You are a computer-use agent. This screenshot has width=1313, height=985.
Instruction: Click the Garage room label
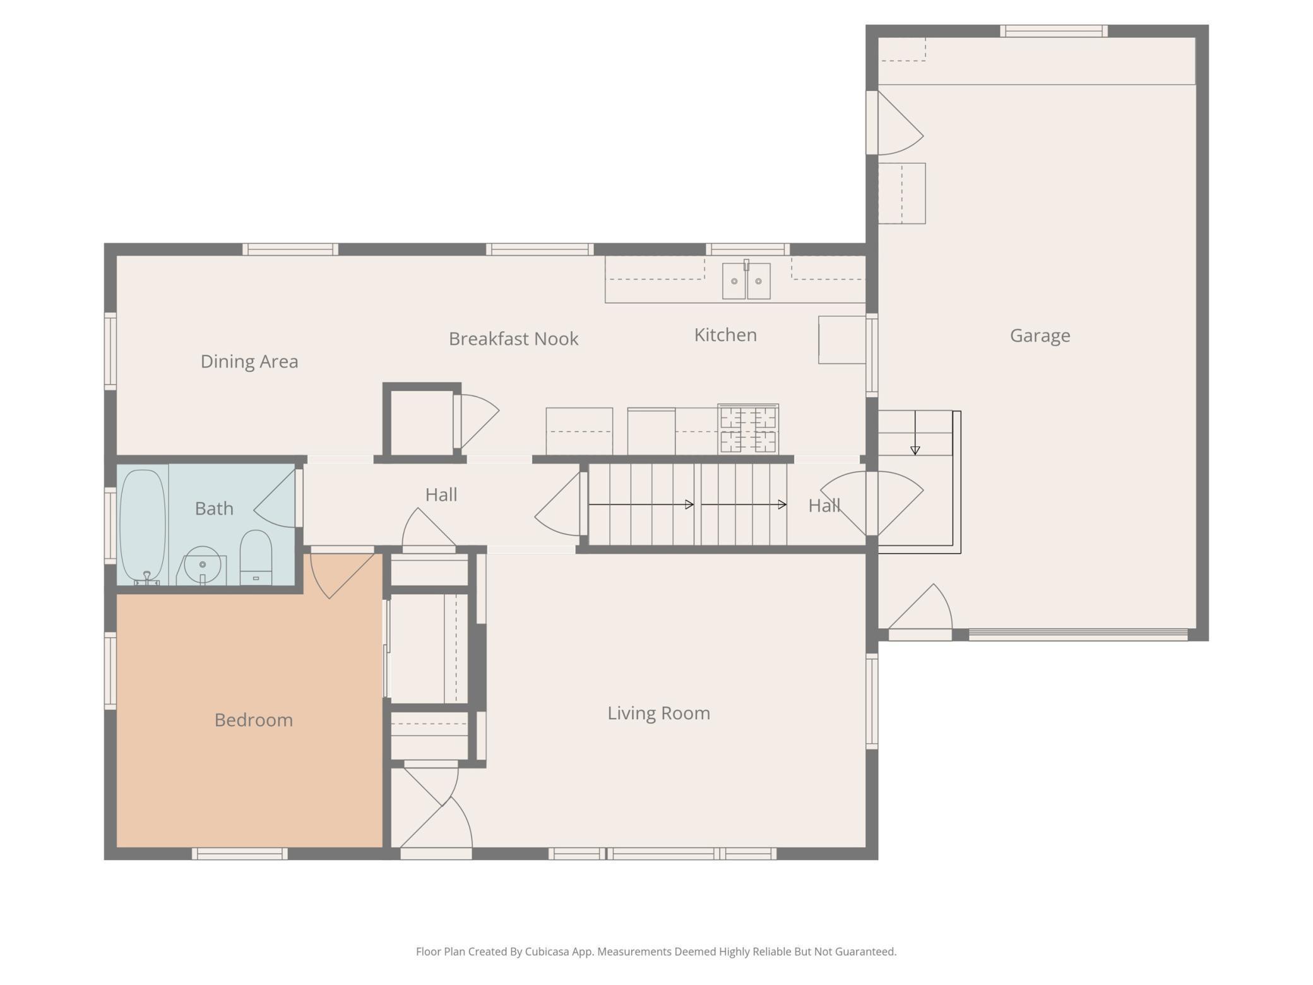pyautogui.click(x=1040, y=335)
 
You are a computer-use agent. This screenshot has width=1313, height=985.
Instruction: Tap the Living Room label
pyautogui.click(x=658, y=713)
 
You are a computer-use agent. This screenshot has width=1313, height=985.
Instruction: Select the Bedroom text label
pyautogui.click(x=254, y=720)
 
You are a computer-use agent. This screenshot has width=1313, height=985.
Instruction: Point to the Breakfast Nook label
pyautogui.click(x=513, y=338)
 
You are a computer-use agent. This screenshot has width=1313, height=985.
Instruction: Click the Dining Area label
pyautogui.click(x=249, y=361)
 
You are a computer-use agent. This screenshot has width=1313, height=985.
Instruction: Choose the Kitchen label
pyautogui.click(x=725, y=335)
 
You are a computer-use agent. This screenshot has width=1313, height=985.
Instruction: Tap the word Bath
pyautogui.click(x=214, y=508)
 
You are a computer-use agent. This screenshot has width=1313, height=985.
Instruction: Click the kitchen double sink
pyautogui.click(x=746, y=280)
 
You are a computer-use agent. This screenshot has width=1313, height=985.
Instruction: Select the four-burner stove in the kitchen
pyautogui.click(x=748, y=429)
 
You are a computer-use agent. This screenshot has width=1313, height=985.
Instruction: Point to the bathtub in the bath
pyautogui.click(x=143, y=526)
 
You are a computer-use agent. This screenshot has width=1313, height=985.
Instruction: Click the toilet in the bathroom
pyautogui.click(x=256, y=558)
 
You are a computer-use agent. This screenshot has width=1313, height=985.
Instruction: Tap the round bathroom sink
pyautogui.click(x=202, y=565)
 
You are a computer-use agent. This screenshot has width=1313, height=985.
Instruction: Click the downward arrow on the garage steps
pyautogui.click(x=915, y=433)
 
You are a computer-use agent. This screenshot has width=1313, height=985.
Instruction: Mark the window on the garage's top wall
pyautogui.click(x=1054, y=31)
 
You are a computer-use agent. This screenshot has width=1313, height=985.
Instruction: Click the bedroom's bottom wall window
pyautogui.click(x=240, y=854)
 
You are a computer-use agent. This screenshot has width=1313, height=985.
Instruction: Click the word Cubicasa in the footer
pyautogui.click(x=547, y=952)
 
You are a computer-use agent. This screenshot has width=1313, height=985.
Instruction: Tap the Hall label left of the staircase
pyautogui.click(x=441, y=494)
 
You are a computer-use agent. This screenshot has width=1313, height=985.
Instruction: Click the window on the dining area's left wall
pyautogui.click(x=110, y=351)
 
